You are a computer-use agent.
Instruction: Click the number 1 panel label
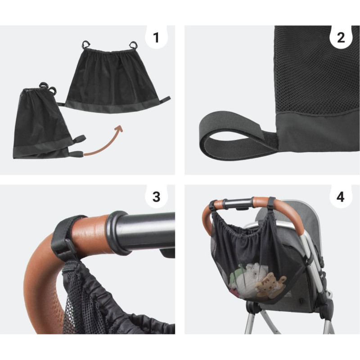(156, 38)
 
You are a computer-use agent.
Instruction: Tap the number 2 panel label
(341, 38)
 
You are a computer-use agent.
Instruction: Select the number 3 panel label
(156, 197)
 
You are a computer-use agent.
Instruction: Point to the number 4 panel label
(341, 197)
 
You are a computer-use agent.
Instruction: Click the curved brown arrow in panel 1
(106, 144)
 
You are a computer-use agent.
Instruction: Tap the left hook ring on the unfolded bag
(86, 44)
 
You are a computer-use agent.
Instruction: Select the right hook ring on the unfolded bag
(133, 45)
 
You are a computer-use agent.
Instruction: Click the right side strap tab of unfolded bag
(165, 99)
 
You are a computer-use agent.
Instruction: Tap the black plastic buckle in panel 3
(65, 250)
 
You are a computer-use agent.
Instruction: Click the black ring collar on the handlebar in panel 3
(117, 232)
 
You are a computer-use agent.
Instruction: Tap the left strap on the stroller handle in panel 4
(213, 205)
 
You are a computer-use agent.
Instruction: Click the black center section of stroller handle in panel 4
(238, 203)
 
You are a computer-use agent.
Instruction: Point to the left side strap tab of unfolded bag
(61, 104)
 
